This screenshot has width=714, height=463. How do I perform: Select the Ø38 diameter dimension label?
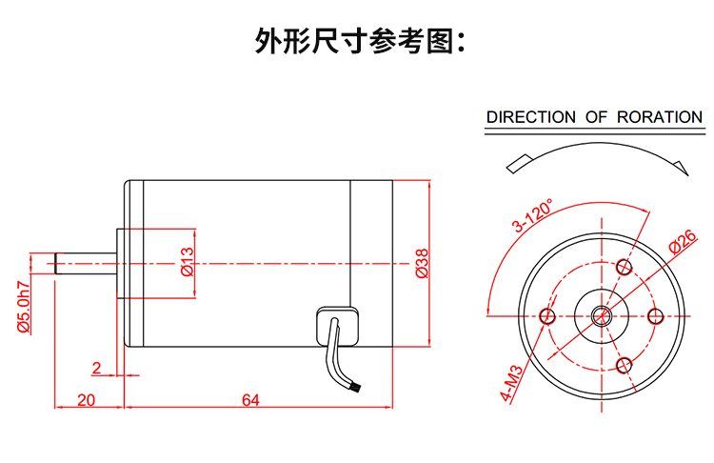422,264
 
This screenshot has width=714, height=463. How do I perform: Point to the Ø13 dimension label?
187,263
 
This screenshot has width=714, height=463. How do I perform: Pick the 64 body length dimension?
250,400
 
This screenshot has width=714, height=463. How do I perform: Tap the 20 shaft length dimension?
86,400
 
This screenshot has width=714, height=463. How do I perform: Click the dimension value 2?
96,368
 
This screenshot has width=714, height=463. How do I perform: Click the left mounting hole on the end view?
547,315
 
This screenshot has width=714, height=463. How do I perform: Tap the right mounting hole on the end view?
654,315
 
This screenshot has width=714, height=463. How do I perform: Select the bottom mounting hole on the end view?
625,364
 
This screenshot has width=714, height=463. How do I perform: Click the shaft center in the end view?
601,315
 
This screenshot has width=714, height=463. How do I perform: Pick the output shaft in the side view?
85,263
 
